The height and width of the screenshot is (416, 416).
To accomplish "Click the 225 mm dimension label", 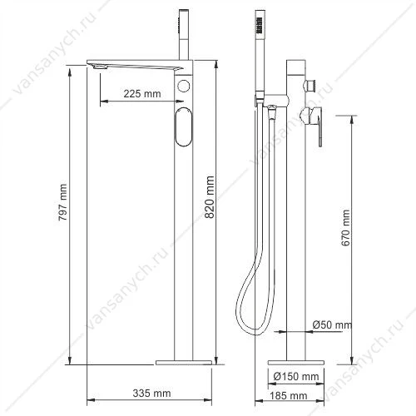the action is (142, 94).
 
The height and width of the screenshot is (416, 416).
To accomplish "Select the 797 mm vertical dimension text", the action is (63, 202).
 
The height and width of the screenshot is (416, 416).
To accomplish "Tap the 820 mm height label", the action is (210, 197).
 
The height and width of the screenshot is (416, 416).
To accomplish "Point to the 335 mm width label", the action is (151, 394).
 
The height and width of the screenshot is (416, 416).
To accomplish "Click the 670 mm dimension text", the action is (346, 228).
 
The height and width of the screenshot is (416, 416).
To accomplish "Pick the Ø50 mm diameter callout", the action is (332, 324).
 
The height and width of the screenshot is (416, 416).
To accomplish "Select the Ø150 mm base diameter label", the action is (296, 376).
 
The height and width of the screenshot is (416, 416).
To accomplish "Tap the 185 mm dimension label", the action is (289, 396).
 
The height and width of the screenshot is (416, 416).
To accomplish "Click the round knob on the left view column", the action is (184, 86).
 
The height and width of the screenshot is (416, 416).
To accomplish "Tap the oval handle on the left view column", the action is (183, 126).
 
